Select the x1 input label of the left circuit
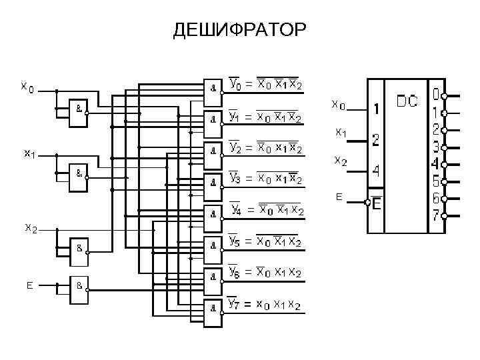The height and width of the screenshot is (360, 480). click(29, 154)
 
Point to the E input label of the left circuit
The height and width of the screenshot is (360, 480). click(29, 285)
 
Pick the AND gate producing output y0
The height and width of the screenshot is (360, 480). click(213, 87)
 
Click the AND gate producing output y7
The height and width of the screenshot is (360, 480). click(213, 307)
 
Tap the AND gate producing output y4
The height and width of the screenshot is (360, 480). click(213, 213)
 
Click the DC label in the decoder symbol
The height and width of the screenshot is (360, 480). click(407, 102)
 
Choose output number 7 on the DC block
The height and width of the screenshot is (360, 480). click(435, 215)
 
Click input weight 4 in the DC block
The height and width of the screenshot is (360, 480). click(376, 171)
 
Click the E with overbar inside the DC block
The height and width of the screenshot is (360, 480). click(376, 204)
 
